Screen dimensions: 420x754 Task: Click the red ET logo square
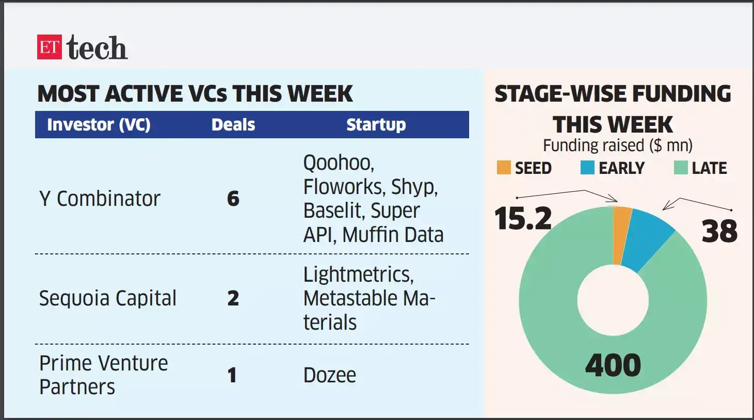[50, 47]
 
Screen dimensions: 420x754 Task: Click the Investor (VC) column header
[99, 125]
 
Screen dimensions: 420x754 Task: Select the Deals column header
[233, 125]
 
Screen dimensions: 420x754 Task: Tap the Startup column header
[376, 125]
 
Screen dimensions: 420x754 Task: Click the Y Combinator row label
[100, 199]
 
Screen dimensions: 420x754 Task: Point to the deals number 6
[233, 199]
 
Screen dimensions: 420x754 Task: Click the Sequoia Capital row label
[108, 298]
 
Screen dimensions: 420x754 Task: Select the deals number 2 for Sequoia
[233, 298]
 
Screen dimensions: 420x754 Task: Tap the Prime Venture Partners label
[103, 375]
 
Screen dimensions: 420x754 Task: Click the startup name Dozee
[330, 375]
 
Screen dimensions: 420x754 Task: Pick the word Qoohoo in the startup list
[338, 163]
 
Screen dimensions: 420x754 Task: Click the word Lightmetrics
[358, 274]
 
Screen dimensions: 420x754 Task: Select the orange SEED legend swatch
[503, 168]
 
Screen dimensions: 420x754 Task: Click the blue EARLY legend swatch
[587, 168]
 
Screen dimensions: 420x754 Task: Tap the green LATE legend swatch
[681, 168]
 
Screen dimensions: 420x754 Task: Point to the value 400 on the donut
[613, 365]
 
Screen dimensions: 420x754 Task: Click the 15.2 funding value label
[523, 219]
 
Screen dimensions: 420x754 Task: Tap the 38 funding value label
[719, 231]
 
